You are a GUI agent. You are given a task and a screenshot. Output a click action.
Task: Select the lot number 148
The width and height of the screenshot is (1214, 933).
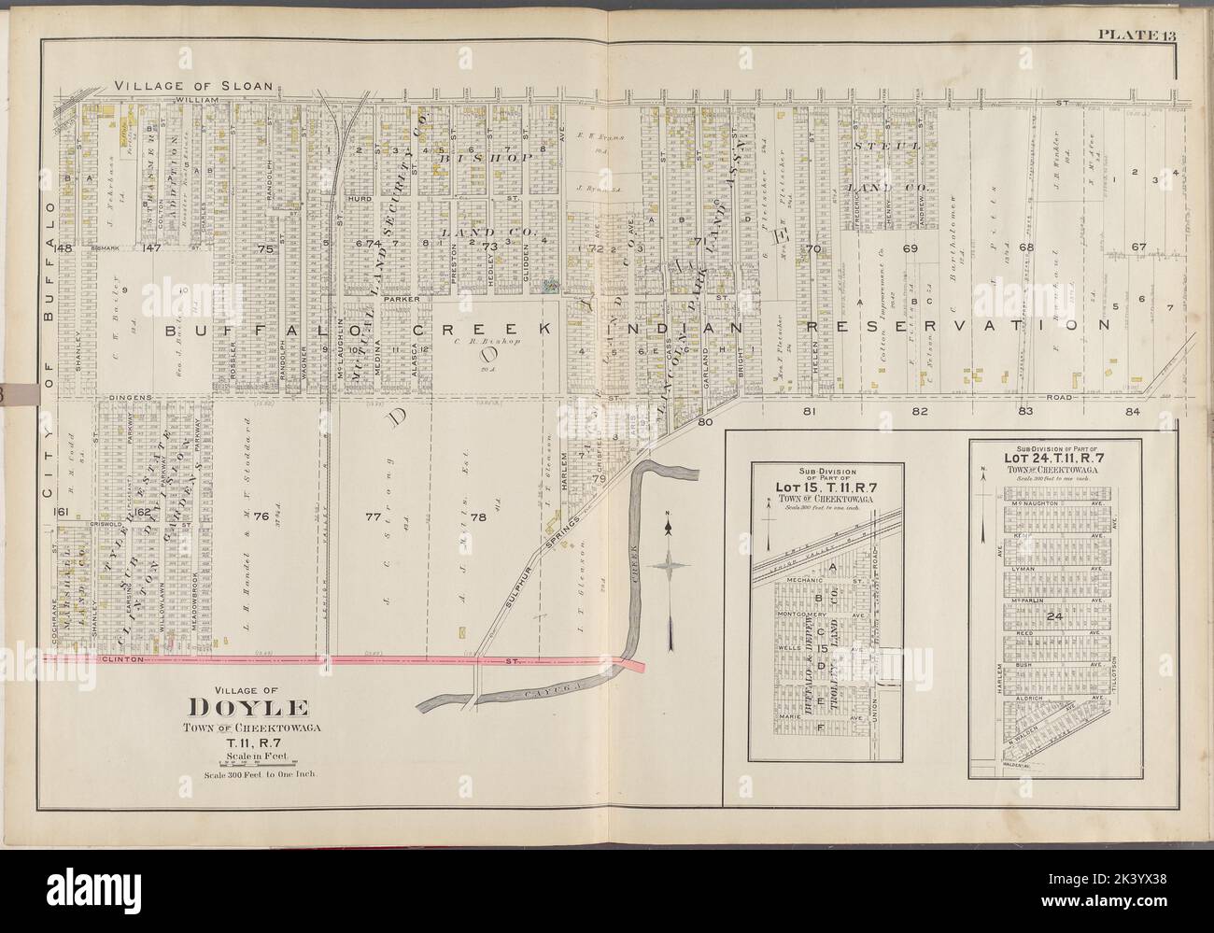(64, 248)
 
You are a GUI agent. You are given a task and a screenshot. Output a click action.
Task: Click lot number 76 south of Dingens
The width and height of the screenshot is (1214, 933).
(261, 516)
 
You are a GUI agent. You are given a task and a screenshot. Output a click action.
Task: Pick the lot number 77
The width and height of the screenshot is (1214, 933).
(374, 516)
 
